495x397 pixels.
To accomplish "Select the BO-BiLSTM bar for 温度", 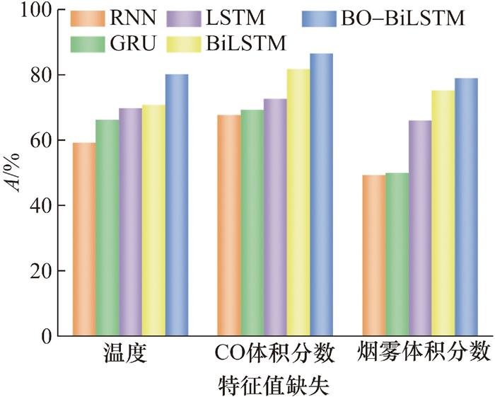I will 177,205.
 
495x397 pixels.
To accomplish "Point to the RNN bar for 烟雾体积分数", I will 373,255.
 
